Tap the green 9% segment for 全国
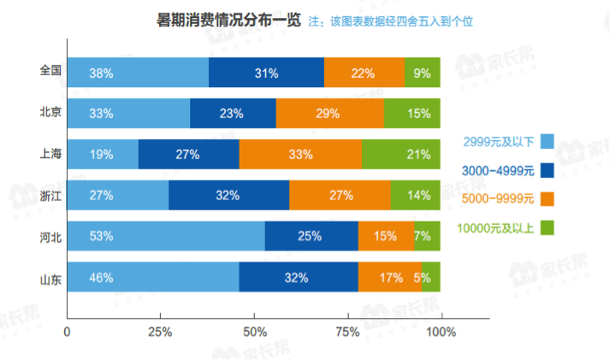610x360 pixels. click(x=423, y=73)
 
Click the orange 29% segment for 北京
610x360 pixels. click(x=330, y=113)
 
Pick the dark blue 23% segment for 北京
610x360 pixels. click(x=233, y=113)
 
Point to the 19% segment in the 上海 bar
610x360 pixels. click(x=103, y=154)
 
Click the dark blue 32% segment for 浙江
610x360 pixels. click(x=228, y=195)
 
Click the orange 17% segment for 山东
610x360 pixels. click(x=390, y=276)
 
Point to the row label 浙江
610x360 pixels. click(x=50, y=195)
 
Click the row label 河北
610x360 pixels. click(x=50, y=235)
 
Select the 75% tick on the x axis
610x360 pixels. click(x=348, y=331)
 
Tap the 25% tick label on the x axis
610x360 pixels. click(x=162, y=331)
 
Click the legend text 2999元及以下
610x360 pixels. click(x=495, y=142)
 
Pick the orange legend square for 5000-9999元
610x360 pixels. click(x=548, y=198)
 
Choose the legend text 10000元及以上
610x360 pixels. click(x=494, y=227)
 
